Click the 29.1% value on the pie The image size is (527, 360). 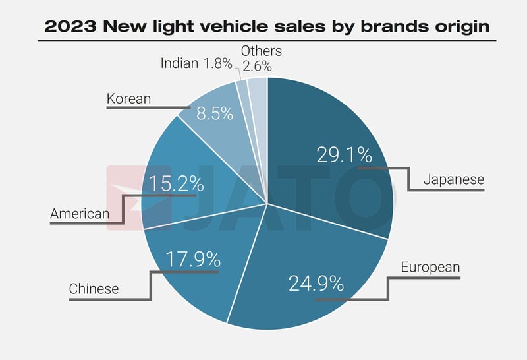(344, 156)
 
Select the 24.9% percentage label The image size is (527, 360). (316, 284)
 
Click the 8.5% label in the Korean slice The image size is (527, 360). (215, 113)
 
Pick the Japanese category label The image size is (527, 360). (453, 179)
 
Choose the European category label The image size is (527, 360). (430, 267)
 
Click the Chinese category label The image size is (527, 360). (94, 289)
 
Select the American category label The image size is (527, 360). (80, 214)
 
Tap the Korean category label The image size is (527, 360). (128, 99)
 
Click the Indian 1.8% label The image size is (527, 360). (196, 64)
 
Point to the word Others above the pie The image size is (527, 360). (261, 51)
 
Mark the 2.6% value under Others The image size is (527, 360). (257, 66)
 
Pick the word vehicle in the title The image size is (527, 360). (233, 27)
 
